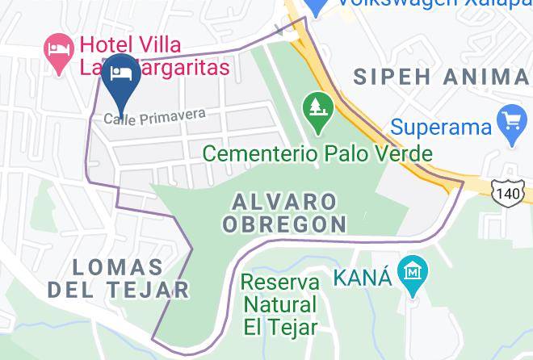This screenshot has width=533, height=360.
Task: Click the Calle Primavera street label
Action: click(154, 116)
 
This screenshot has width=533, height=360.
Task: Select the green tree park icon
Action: click(318, 111)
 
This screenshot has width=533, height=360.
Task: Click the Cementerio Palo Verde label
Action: click(317, 153)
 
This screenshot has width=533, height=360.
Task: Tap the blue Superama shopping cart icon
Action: click(511, 124)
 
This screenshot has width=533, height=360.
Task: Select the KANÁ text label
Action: click(363, 277)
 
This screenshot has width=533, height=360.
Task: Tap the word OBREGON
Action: click(284, 224)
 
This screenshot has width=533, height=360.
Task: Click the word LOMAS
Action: click(118, 266)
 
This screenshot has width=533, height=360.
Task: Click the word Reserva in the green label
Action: click(279, 283)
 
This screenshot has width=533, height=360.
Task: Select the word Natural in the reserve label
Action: click(279, 305)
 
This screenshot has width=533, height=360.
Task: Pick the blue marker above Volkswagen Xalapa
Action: click(317, 6)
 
